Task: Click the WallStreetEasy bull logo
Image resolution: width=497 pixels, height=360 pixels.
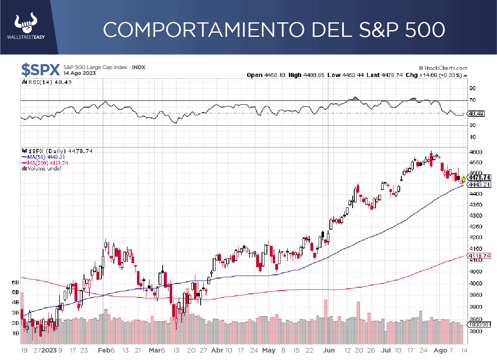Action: coord(26,24)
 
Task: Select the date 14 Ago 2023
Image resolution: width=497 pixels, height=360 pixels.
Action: coord(79,73)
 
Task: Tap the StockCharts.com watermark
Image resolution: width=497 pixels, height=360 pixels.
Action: coord(443,68)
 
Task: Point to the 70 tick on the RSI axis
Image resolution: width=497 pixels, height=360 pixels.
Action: coord(472,100)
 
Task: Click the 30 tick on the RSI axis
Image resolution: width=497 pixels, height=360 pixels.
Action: coord(472,125)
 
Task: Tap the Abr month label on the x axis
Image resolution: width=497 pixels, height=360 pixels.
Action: coord(217,350)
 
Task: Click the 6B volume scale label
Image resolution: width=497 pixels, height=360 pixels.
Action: coord(16,282)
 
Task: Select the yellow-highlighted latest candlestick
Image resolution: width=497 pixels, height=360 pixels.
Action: coord(464,179)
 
